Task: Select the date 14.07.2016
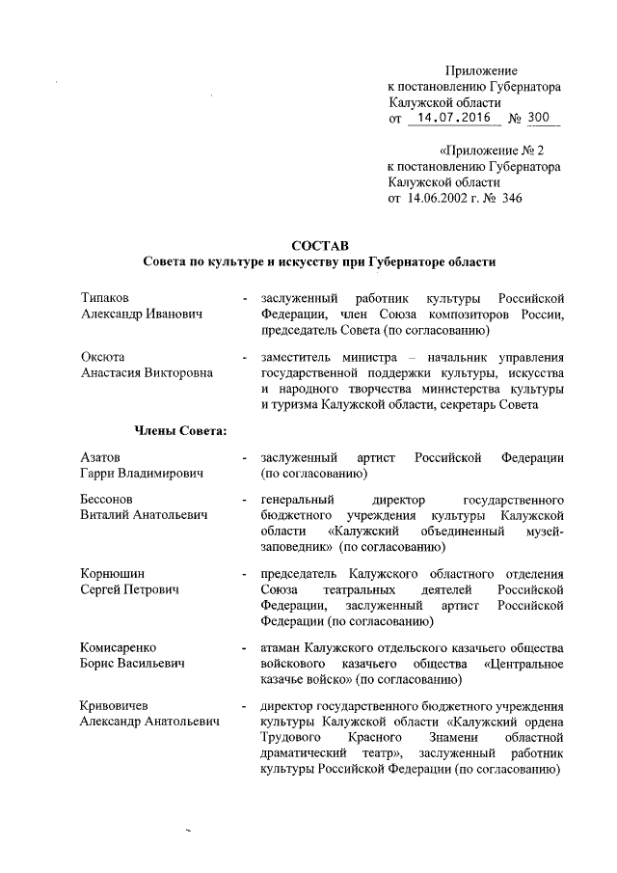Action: (451, 118)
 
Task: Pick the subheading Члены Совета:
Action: (174, 429)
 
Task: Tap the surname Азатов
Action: (101, 456)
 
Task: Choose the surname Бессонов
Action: (110, 500)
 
